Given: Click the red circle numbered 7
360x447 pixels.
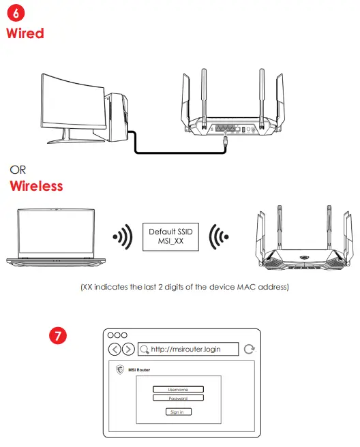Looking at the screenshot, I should pyautogui.click(x=59, y=336).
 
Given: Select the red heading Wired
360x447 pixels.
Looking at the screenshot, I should pyautogui.click(x=25, y=33).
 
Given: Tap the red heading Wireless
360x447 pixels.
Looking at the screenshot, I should pyautogui.click(x=36, y=185).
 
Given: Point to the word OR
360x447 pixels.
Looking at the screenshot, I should pyautogui.click(x=18, y=169).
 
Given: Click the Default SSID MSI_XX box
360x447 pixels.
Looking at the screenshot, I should pyautogui.click(x=171, y=237).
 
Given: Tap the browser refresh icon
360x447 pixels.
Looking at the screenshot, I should pyautogui.click(x=250, y=349).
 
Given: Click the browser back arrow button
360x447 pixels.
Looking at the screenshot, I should pyautogui.click(x=115, y=349).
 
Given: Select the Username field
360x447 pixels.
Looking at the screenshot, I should pyautogui.click(x=178, y=389).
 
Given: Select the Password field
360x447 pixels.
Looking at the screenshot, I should pyautogui.click(x=178, y=398).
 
